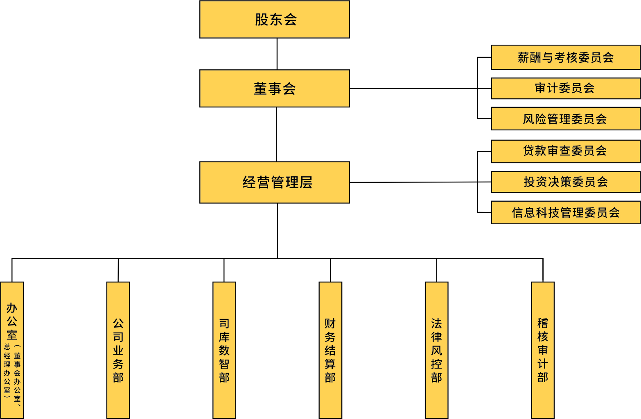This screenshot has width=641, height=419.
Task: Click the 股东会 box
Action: tap(274, 20)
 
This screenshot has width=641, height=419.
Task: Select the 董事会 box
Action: tap(274, 88)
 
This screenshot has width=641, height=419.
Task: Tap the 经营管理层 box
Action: tap(274, 182)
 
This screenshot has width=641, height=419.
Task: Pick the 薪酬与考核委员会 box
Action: tap(565, 57)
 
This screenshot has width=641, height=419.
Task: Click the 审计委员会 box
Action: tap(565, 88)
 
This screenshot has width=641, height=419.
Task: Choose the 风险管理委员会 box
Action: tap(565, 118)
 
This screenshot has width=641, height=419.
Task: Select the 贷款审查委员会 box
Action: tap(565, 151)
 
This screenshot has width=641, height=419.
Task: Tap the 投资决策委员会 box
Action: tap(565, 182)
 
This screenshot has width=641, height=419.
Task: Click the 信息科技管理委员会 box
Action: tap(565, 212)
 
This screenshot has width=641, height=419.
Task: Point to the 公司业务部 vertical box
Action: tap(118, 350)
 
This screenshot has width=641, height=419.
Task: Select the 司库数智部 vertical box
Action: tap(224, 350)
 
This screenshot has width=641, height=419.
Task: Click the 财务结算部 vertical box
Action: tap(330, 350)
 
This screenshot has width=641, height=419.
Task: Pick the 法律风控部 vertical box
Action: tap(436, 350)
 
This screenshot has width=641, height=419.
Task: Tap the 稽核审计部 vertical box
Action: tap(543, 350)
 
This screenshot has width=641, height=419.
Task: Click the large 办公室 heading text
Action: tap(12, 321)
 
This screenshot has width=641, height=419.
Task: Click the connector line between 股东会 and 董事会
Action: tap(277, 54)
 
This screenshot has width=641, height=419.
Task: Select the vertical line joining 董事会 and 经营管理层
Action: tap(276, 134)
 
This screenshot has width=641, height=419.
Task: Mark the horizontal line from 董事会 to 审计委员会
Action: tap(420, 88)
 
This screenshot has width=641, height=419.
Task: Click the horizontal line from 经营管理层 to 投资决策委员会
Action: tap(420, 182)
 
